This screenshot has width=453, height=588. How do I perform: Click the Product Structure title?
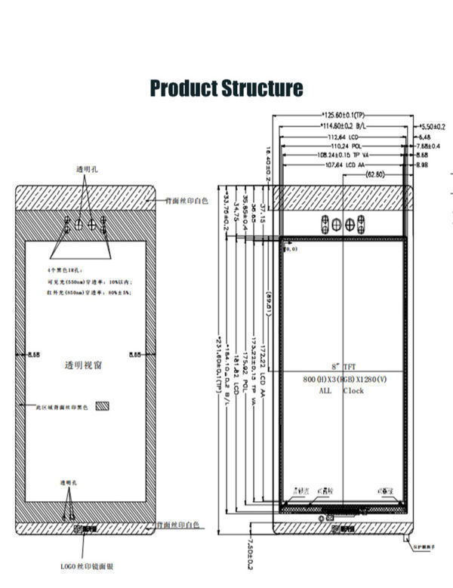tap(226, 88)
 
